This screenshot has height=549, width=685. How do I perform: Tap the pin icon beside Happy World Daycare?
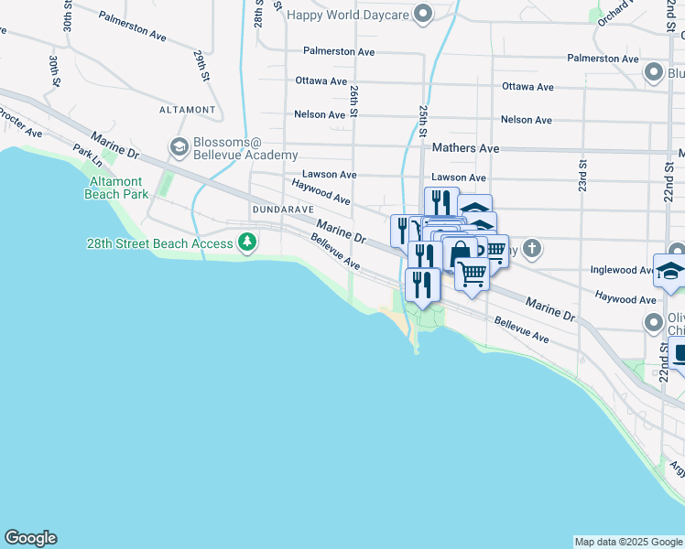pos(422,14)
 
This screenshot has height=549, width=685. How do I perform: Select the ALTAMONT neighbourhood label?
pos(187,109)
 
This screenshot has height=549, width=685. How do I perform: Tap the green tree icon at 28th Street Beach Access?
pos(246,243)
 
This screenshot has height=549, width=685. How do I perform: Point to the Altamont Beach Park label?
pos(116,188)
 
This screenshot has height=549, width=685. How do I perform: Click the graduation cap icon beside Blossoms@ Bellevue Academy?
pos(179,146)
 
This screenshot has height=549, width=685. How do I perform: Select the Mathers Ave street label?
pos(465,147)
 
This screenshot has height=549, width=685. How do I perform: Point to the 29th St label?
pos(199,65)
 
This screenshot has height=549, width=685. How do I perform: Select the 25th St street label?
pos(423,120)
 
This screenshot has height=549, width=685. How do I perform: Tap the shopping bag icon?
pos(460,253)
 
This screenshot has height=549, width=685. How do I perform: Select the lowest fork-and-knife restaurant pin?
pos(422,284)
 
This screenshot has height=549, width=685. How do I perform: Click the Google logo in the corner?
pos(30,538)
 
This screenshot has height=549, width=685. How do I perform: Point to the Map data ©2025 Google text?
pos(628,542)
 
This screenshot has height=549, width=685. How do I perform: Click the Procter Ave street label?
pos(20,121)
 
